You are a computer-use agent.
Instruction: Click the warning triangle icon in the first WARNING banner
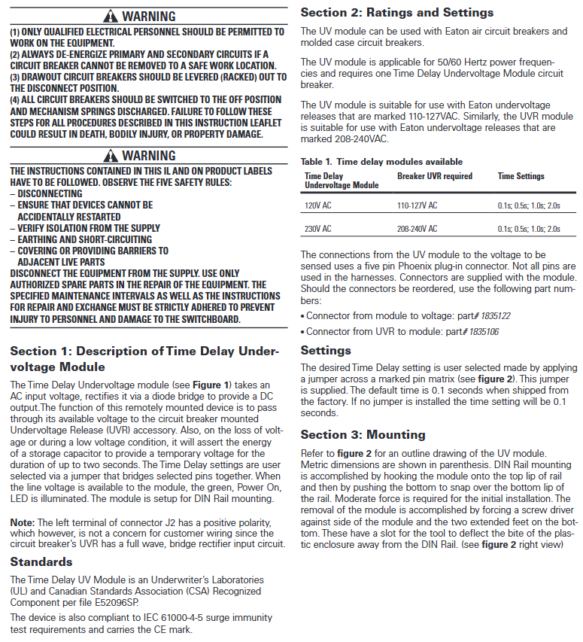click(x=111, y=16)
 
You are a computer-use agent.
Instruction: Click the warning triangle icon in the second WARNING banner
click(x=111, y=156)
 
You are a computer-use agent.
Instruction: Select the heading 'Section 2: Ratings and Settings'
click(x=397, y=12)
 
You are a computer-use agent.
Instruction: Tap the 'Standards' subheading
click(x=41, y=561)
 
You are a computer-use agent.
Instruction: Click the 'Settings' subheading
click(x=326, y=350)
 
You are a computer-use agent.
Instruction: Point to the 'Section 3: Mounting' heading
click(x=363, y=434)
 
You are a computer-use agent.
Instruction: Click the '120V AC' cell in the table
click(x=317, y=205)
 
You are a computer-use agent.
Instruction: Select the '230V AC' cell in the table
click(x=317, y=229)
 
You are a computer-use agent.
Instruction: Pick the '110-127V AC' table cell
click(x=417, y=205)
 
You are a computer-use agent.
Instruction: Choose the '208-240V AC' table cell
click(x=417, y=229)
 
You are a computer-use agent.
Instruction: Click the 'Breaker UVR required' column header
click(x=435, y=176)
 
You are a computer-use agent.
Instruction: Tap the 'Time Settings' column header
click(x=521, y=176)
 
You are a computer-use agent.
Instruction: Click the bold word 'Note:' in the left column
click(x=23, y=522)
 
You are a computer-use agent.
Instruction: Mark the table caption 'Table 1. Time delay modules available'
click(x=381, y=162)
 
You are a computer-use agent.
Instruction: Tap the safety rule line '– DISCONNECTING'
click(x=46, y=194)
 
